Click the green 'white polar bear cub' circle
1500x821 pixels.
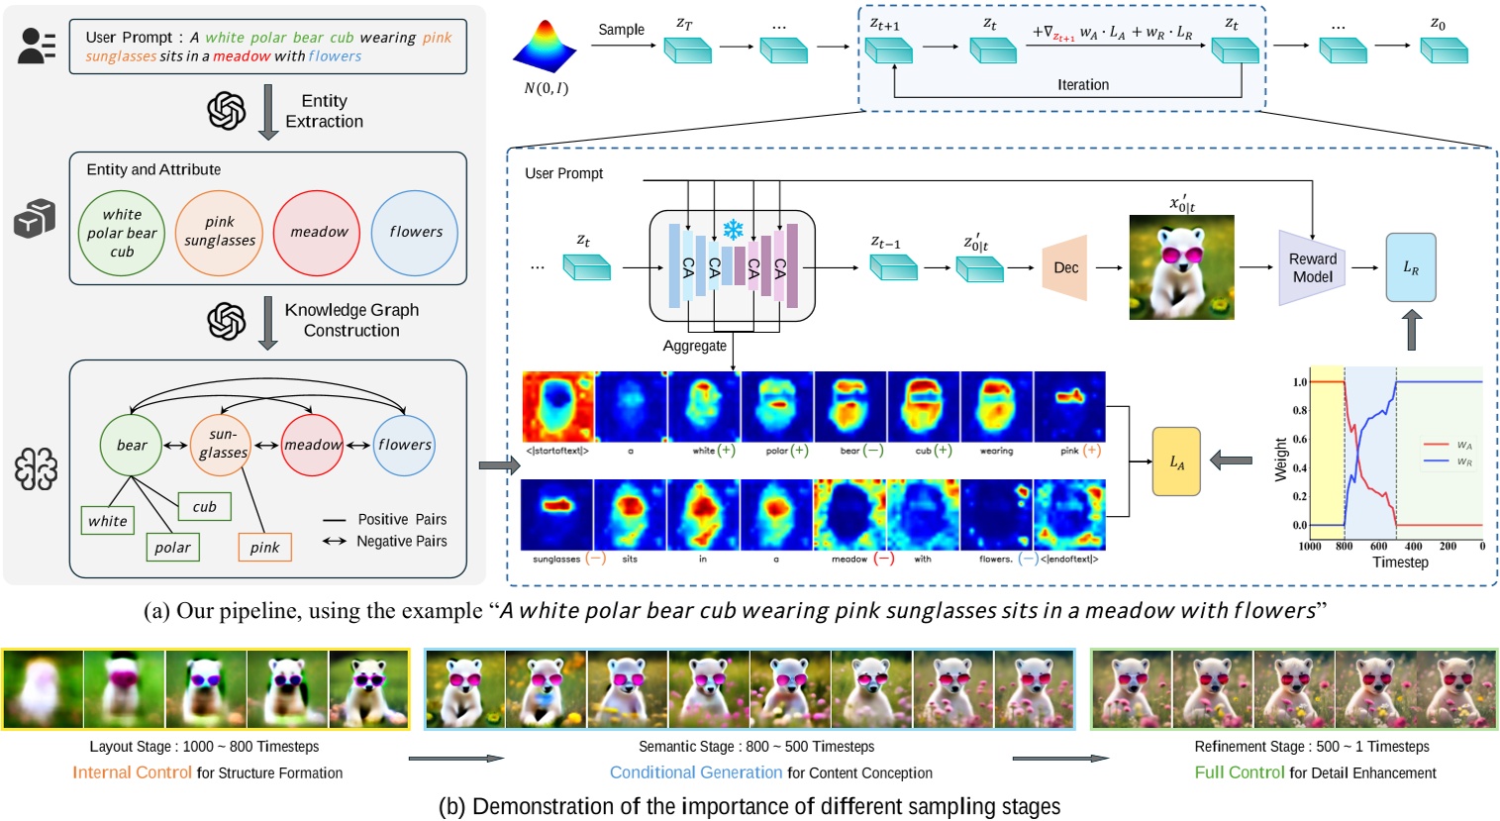pyautogui.click(x=122, y=233)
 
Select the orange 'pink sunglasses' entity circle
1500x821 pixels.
pyautogui.click(x=219, y=233)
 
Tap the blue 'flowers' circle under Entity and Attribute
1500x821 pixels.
pyautogui.click(x=416, y=233)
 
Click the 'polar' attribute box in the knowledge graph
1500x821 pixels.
pyautogui.click(x=172, y=548)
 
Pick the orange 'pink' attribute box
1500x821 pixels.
pyautogui.click(x=264, y=548)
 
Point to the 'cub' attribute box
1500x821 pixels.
pyautogui.click(x=204, y=506)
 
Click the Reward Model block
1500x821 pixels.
pyautogui.click(x=1312, y=267)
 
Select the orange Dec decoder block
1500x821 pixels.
pyautogui.click(x=1065, y=267)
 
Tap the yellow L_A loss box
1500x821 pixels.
pyautogui.click(x=1176, y=462)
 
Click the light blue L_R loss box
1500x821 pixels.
pyautogui.click(x=1411, y=267)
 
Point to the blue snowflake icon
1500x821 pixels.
pyautogui.click(x=733, y=231)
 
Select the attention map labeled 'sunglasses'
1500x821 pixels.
pyautogui.click(x=556, y=515)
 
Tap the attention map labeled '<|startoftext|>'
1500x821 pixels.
pyautogui.click(x=557, y=406)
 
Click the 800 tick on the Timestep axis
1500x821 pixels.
pyautogui.click(x=1344, y=546)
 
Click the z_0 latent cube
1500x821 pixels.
pyautogui.click(x=1444, y=49)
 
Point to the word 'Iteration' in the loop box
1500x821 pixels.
pyautogui.click(x=1082, y=85)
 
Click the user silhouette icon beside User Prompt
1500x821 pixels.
pyautogui.click(x=37, y=46)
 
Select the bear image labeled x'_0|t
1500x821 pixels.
pyautogui.click(x=1181, y=267)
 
